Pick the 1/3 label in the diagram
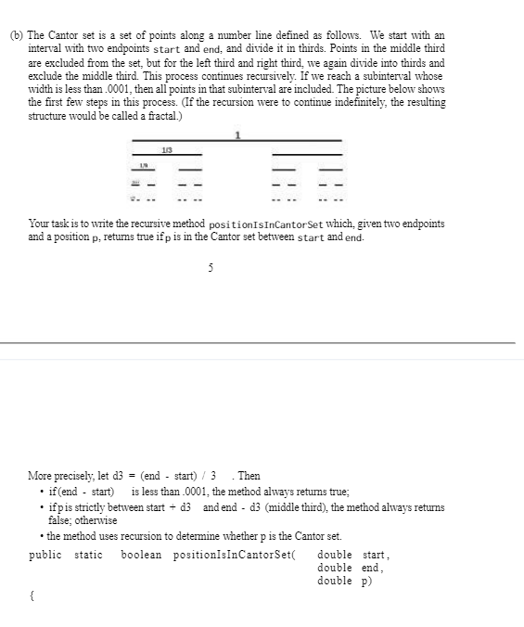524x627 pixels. coord(166,148)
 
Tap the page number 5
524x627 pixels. coord(211,267)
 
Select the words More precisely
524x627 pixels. coord(60,476)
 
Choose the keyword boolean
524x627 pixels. coord(141,555)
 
